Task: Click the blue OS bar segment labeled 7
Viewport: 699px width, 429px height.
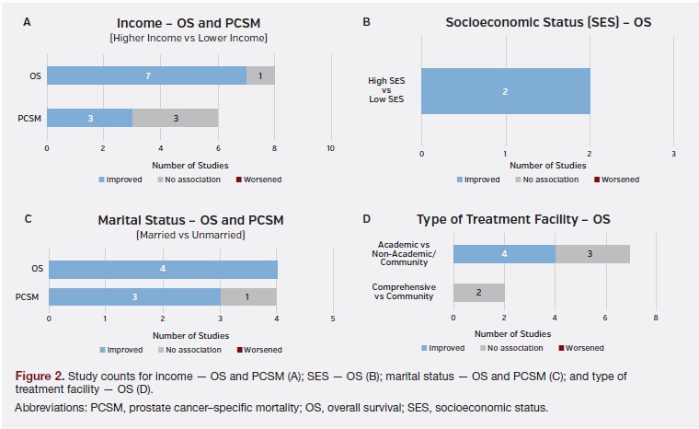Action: [x=146, y=75]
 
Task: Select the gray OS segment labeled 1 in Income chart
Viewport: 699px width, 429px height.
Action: [x=260, y=75]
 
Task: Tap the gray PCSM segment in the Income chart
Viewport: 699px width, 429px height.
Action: [x=175, y=118]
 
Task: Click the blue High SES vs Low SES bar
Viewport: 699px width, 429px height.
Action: [x=505, y=91]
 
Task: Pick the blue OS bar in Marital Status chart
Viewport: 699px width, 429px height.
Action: [x=163, y=270]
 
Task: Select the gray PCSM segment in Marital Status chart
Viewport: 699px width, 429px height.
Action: [x=248, y=297]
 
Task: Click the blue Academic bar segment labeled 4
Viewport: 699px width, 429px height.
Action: [x=504, y=254]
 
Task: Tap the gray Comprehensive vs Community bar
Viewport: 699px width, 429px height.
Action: [x=478, y=293]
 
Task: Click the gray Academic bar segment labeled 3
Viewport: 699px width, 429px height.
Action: [x=592, y=254]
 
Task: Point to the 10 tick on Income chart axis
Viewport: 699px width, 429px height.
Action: [x=330, y=148]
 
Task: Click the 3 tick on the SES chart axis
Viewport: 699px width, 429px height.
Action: [x=673, y=152]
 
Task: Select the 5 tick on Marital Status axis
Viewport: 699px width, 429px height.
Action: [x=333, y=319]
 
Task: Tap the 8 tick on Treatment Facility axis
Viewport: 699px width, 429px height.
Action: [x=656, y=318]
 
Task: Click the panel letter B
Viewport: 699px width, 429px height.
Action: [x=367, y=20]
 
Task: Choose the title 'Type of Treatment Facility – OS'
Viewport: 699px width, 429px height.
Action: [x=512, y=219]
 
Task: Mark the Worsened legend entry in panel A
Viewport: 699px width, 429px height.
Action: [x=259, y=180]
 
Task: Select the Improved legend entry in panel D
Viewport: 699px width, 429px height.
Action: [x=445, y=348]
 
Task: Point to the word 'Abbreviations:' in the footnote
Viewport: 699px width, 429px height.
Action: [x=49, y=407]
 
